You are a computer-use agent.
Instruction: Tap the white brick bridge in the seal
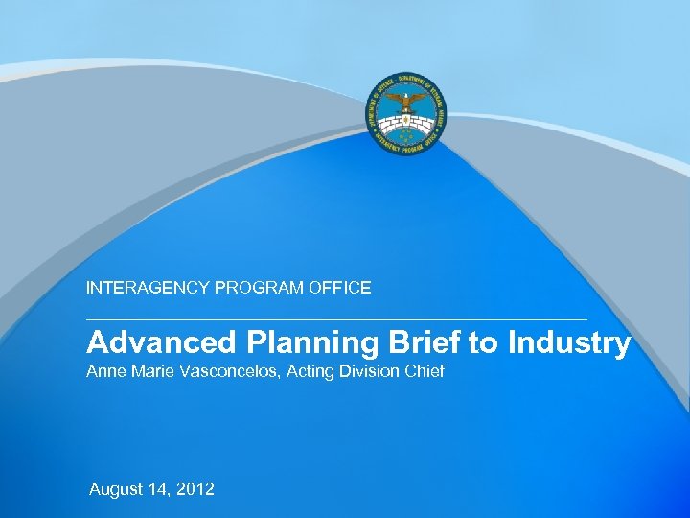point(404,122)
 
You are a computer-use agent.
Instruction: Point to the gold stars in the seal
point(404,136)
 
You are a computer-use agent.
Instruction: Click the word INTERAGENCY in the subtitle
point(142,287)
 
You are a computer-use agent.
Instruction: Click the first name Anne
point(104,370)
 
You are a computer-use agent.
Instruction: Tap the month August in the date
point(116,490)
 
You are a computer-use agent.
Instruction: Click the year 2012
point(195,489)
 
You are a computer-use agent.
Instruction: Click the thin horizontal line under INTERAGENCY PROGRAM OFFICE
point(335,318)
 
